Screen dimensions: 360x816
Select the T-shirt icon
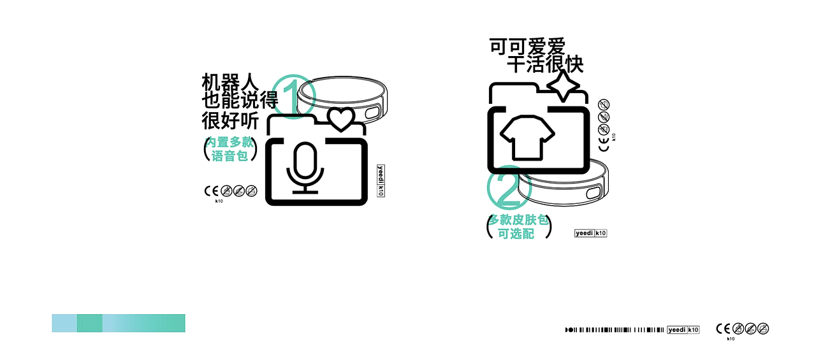tap(528, 138)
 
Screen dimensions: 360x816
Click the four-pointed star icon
tap(563, 85)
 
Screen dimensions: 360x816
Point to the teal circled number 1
tap(294, 97)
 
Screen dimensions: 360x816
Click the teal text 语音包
tap(229, 155)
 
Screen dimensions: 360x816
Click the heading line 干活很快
tap(545, 65)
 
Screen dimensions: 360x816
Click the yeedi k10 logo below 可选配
tap(591, 233)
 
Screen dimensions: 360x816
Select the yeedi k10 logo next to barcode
tap(683, 329)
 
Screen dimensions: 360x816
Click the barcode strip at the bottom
tap(615, 329)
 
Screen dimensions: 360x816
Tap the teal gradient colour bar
tap(119, 323)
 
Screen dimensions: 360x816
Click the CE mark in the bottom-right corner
tap(722, 329)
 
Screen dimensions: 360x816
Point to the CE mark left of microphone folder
tap(211, 191)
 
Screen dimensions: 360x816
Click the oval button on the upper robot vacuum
tap(373, 113)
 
